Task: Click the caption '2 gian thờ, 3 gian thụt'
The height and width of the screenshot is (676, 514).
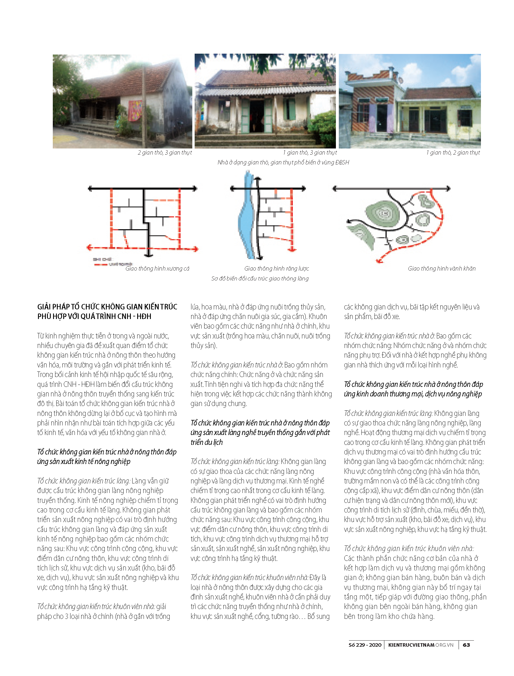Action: pos(164,152)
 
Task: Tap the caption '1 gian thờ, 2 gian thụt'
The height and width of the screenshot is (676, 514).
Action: pos(453,152)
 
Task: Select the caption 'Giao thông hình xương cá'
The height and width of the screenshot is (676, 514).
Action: pos(157,268)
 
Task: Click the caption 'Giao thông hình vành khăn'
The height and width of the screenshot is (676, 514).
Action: pos(441,268)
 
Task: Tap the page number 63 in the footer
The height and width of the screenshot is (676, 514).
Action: pos(466,645)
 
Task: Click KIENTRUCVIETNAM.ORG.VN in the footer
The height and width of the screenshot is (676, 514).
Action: pos(421,645)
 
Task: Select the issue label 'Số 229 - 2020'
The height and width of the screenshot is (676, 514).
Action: pos(365,645)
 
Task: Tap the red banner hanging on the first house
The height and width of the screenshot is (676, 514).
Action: pos(135,110)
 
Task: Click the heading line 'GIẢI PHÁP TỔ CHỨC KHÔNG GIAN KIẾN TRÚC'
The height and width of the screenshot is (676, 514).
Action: pos(107,307)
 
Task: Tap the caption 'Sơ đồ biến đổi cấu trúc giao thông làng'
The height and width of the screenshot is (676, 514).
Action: pos(260,278)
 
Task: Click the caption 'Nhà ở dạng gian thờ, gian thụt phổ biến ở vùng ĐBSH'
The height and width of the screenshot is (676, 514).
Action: pos(283,162)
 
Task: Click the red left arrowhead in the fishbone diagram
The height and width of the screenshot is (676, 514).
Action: pos(89,247)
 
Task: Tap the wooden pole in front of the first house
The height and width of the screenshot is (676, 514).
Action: pos(144,107)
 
